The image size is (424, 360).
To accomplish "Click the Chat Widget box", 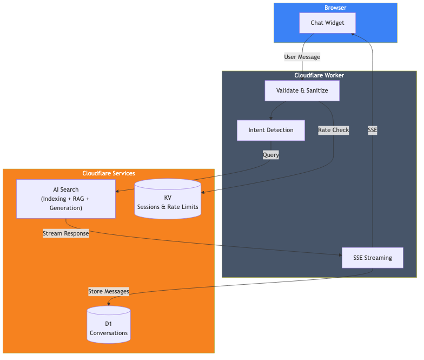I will pos(328,23).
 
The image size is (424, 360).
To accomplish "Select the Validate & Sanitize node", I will pos(302,90).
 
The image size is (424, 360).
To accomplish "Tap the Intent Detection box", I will pos(270,130).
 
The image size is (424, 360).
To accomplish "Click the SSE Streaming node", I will pos(372,258).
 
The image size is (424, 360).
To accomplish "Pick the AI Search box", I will pos(65,199).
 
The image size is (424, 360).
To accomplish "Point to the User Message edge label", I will pos(302,57).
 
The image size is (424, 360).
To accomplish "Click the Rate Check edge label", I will pos(333,130).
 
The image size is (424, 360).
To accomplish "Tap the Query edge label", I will pos(270,155).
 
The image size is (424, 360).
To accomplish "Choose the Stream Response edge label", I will pos(65,233).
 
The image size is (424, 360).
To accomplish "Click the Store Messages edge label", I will pos(109,291).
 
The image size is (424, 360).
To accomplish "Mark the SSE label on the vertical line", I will pos(372,130).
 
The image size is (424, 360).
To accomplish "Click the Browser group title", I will pos(335,8).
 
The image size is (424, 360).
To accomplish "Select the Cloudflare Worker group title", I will pos(319,75).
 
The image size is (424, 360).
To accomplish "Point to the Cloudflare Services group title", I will pos(109,173).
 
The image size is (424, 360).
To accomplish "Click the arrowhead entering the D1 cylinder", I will pos(109,304).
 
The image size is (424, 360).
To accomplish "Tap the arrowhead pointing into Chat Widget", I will pos(353,34).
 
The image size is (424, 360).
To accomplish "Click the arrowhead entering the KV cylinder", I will pos(203,192).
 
